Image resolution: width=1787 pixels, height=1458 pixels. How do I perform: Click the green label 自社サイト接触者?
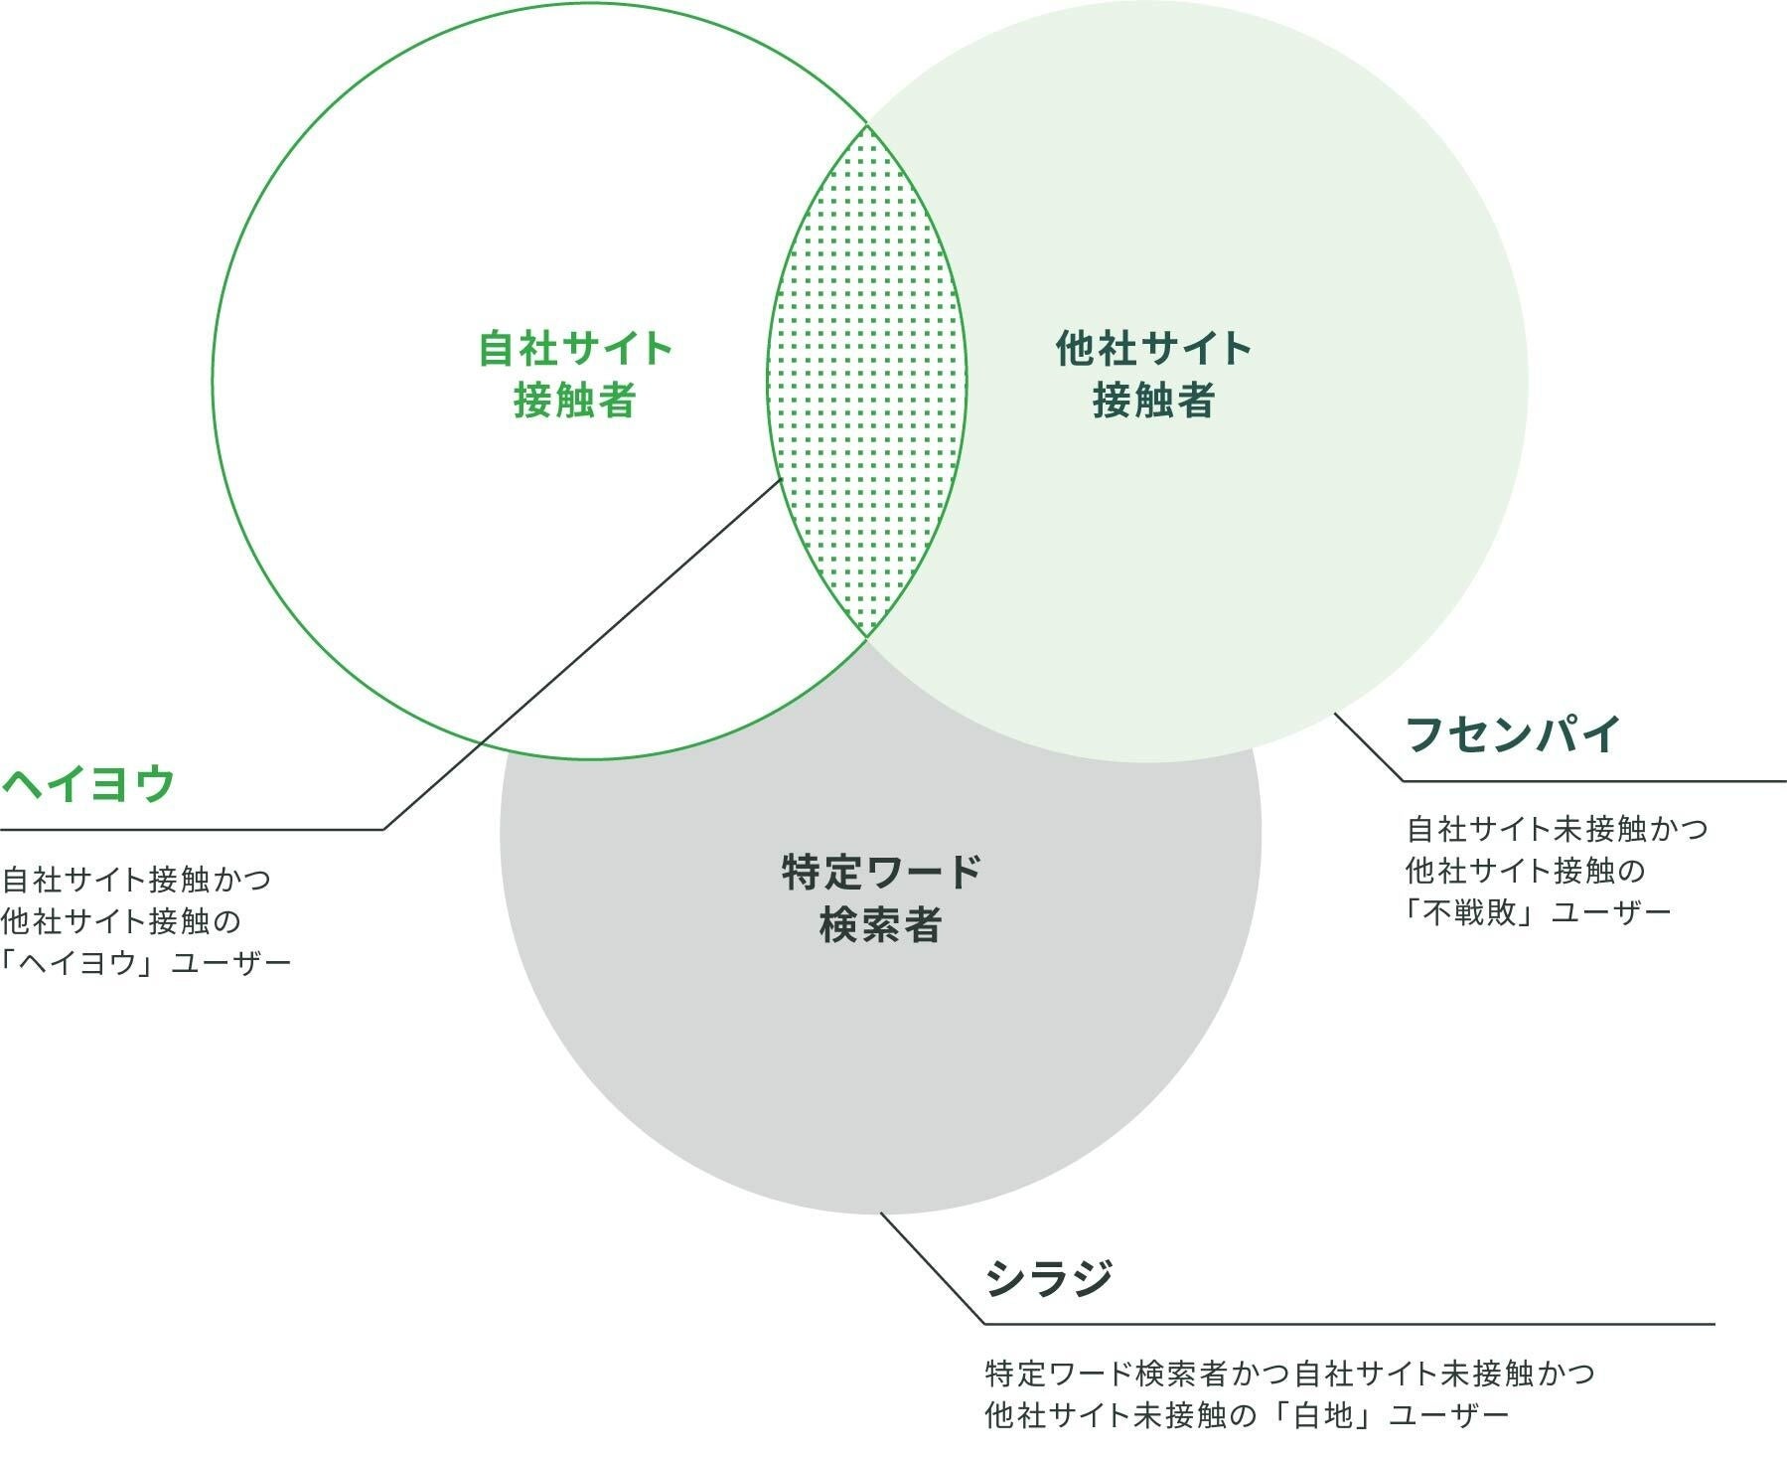575,375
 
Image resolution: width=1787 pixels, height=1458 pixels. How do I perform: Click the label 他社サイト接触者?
1153,375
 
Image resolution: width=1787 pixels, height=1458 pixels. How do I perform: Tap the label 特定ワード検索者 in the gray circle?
881,898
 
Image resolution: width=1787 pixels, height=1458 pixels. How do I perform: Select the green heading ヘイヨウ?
88,785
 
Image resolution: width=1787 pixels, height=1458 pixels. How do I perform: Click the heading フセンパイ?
1514,735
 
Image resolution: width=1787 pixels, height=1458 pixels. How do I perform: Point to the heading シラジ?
1049,1278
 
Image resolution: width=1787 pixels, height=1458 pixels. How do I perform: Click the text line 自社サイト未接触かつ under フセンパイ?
1557,828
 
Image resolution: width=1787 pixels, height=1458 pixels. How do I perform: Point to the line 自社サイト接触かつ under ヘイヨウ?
136,879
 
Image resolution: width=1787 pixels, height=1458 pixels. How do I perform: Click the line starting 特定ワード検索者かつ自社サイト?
1289,1374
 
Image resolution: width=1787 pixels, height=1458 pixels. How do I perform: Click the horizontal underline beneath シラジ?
1349,1324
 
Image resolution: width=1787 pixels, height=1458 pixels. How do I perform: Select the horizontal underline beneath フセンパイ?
1594,781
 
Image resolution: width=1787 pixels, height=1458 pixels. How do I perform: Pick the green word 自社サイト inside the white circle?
575,349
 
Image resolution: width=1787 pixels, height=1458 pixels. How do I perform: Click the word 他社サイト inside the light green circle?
1153,349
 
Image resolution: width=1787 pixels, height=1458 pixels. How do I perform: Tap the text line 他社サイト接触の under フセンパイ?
1525,871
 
